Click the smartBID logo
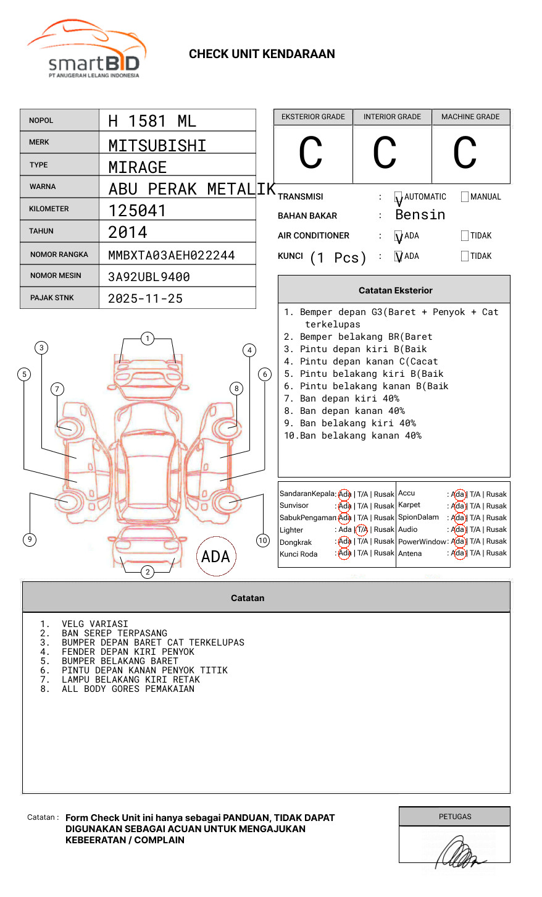click(86, 49)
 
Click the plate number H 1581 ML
click(152, 121)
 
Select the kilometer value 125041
click(137, 211)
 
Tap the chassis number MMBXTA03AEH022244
click(171, 255)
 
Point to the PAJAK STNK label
click(52, 298)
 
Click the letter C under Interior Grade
click(385, 154)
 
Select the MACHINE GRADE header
click(470, 117)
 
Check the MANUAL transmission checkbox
click(465, 197)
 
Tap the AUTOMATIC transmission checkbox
click(398, 197)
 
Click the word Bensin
click(420, 215)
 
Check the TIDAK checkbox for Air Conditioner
click(465, 236)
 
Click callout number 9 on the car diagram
click(30, 539)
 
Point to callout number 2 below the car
click(148, 572)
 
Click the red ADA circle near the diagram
click(215, 557)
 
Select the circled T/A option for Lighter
click(362, 529)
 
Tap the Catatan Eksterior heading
click(395, 290)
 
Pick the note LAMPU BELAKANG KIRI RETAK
click(130, 680)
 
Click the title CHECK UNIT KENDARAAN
click(262, 54)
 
